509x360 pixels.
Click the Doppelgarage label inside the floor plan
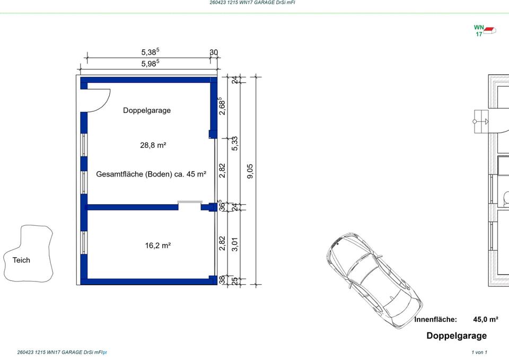(x=147, y=110)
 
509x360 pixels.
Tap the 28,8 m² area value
(x=153, y=145)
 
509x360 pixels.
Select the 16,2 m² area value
(x=158, y=245)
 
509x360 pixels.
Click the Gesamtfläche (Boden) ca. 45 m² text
(x=151, y=174)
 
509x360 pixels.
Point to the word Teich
(x=21, y=260)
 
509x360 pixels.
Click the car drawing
(x=373, y=280)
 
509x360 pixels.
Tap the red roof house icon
(x=489, y=30)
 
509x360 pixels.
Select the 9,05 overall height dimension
(x=250, y=172)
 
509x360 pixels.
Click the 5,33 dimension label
(x=235, y=143)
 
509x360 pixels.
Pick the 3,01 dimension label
(x=235, y=244)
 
